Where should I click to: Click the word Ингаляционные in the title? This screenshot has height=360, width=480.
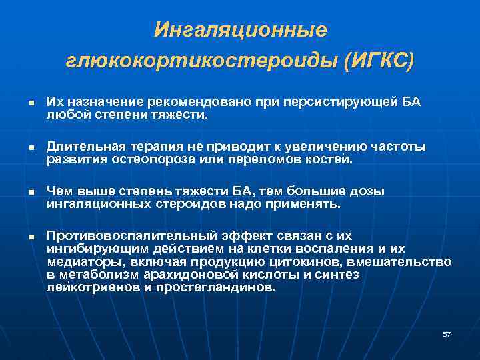coord(240,30)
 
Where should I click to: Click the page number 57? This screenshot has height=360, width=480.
coord(447,334)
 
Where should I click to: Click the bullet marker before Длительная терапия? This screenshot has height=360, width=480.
coord(31,147)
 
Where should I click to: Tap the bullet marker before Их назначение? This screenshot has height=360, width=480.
coord(31,102)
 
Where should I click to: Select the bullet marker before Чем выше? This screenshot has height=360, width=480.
coord(31,193)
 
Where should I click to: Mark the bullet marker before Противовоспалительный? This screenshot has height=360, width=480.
coord(31,237)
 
